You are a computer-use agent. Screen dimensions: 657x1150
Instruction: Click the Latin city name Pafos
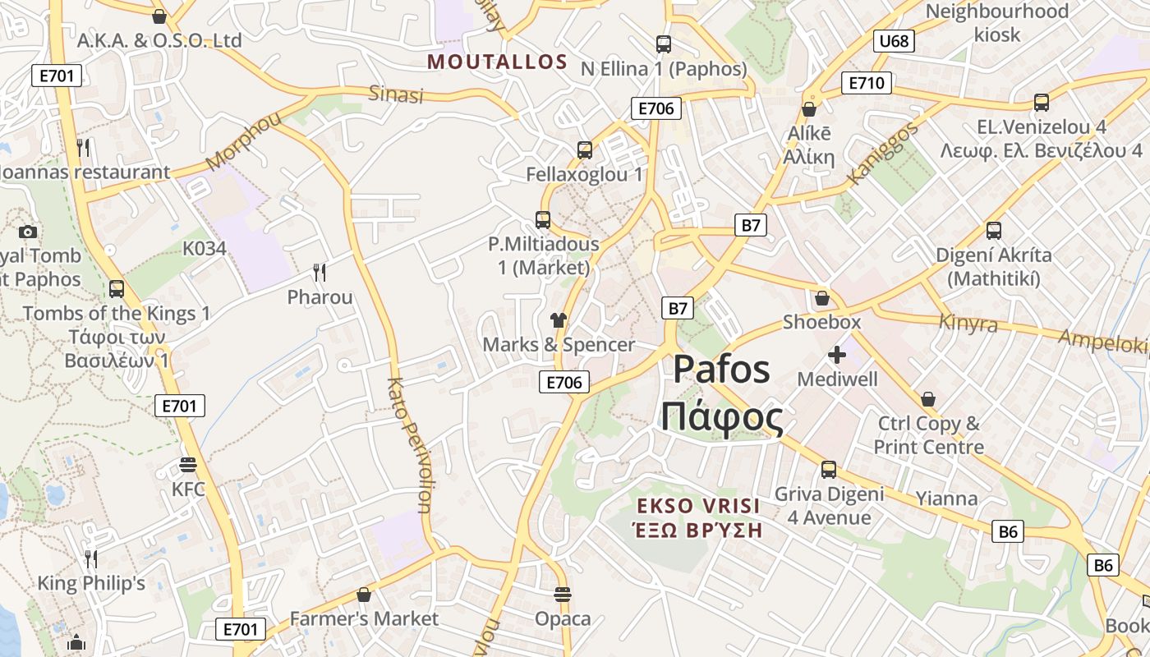coord(722,370)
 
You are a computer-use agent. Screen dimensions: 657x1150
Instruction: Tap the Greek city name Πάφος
coord(722,418)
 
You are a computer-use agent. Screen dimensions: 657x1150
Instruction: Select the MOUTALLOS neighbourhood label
coord(498,62)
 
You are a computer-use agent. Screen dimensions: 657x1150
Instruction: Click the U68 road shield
coord(895,41)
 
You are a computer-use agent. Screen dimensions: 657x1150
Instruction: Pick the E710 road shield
coord(866,82)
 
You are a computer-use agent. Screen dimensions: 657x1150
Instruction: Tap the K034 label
coord(204,248)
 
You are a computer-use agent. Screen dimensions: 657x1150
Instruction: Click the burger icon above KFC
coord(188,466)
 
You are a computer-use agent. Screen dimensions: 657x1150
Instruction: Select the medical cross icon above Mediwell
coord(837,355)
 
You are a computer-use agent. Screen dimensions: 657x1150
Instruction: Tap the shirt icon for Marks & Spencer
coord(559,320)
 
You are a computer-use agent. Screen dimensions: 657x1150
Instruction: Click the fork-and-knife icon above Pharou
coord(320,273)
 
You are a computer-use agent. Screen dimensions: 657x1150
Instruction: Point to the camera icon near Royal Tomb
coord(27,232)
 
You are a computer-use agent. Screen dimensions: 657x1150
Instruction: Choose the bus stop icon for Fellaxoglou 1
coord(584,150)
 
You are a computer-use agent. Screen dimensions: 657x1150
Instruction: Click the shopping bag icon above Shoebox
coord(821,297)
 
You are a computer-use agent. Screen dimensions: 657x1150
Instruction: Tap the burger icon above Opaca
coord(563,594)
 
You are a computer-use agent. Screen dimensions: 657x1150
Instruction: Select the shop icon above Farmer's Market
coord(364,594)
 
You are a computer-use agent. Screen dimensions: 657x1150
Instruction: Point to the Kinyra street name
coord(968,323)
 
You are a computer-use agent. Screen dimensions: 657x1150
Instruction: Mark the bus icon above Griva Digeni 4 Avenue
coord(828,470)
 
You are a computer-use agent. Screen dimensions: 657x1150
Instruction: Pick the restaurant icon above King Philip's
coord(91,559)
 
